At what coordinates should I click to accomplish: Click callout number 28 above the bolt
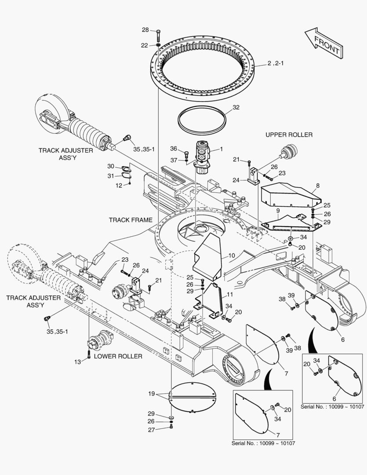coord(145,30)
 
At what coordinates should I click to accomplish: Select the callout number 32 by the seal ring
coord(236,107)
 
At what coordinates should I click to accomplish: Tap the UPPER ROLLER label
coord(289,135)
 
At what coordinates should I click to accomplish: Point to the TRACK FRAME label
coord(131,220)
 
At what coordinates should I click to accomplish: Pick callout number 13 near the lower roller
coord(77,362)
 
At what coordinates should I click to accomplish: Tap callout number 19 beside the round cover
coord(151,394)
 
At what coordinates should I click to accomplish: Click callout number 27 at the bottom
coord(151,430)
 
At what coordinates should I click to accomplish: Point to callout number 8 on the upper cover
coord(317,186)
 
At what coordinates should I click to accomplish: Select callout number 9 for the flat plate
coord(278,211)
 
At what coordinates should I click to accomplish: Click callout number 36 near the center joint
coord(174,148)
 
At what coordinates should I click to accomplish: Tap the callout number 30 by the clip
coord(111,166)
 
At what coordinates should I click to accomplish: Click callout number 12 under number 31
coord(119,186)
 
